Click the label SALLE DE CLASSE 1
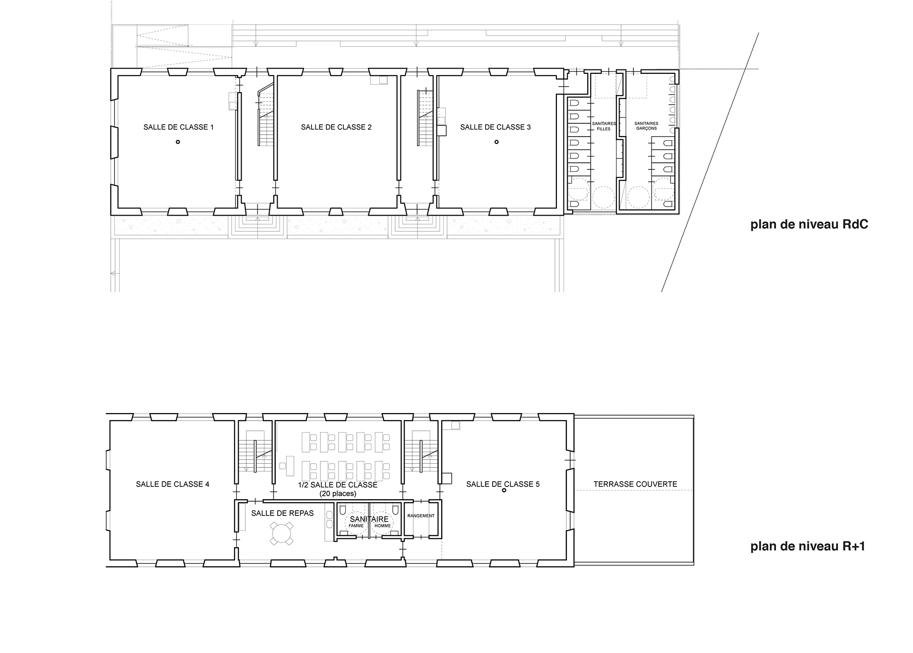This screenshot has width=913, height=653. [x=179, y=127]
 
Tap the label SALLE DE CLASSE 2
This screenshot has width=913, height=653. [x=336, y=127]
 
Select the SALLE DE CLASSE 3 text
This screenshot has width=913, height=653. [x=495, y=127]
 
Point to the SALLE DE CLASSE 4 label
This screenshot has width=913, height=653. [x=173, y=484]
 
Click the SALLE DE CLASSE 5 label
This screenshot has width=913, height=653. [x=503, y=484]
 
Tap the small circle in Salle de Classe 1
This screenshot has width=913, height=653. [x=178, y=142]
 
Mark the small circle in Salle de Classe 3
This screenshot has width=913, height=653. [x=496, y=142]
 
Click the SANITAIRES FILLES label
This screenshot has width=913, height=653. [x=604, y=126]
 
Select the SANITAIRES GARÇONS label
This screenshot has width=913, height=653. [x=646, y=126]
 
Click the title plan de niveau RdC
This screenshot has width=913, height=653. [x=809, y=225]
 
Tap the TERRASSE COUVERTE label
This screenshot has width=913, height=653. [x=635, y=484]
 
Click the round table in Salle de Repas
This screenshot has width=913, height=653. [x=282, y=533]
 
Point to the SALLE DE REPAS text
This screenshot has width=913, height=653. [x=282, y=513]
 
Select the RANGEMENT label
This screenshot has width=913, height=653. [x=421, y=516]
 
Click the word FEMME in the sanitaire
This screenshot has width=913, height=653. [x=356, y=526]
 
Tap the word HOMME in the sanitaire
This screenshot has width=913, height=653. [x=383, y=526]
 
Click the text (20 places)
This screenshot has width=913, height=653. [x=338, y=494]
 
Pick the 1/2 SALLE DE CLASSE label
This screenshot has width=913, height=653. [x=338, y=485]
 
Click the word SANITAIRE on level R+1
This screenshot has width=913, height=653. [x=369, y=519]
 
